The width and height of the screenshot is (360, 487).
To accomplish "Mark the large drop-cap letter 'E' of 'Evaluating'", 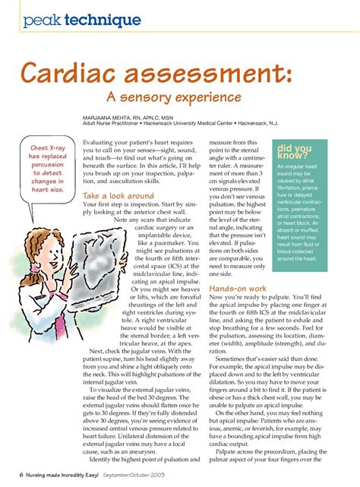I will (x=87, y=144).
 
